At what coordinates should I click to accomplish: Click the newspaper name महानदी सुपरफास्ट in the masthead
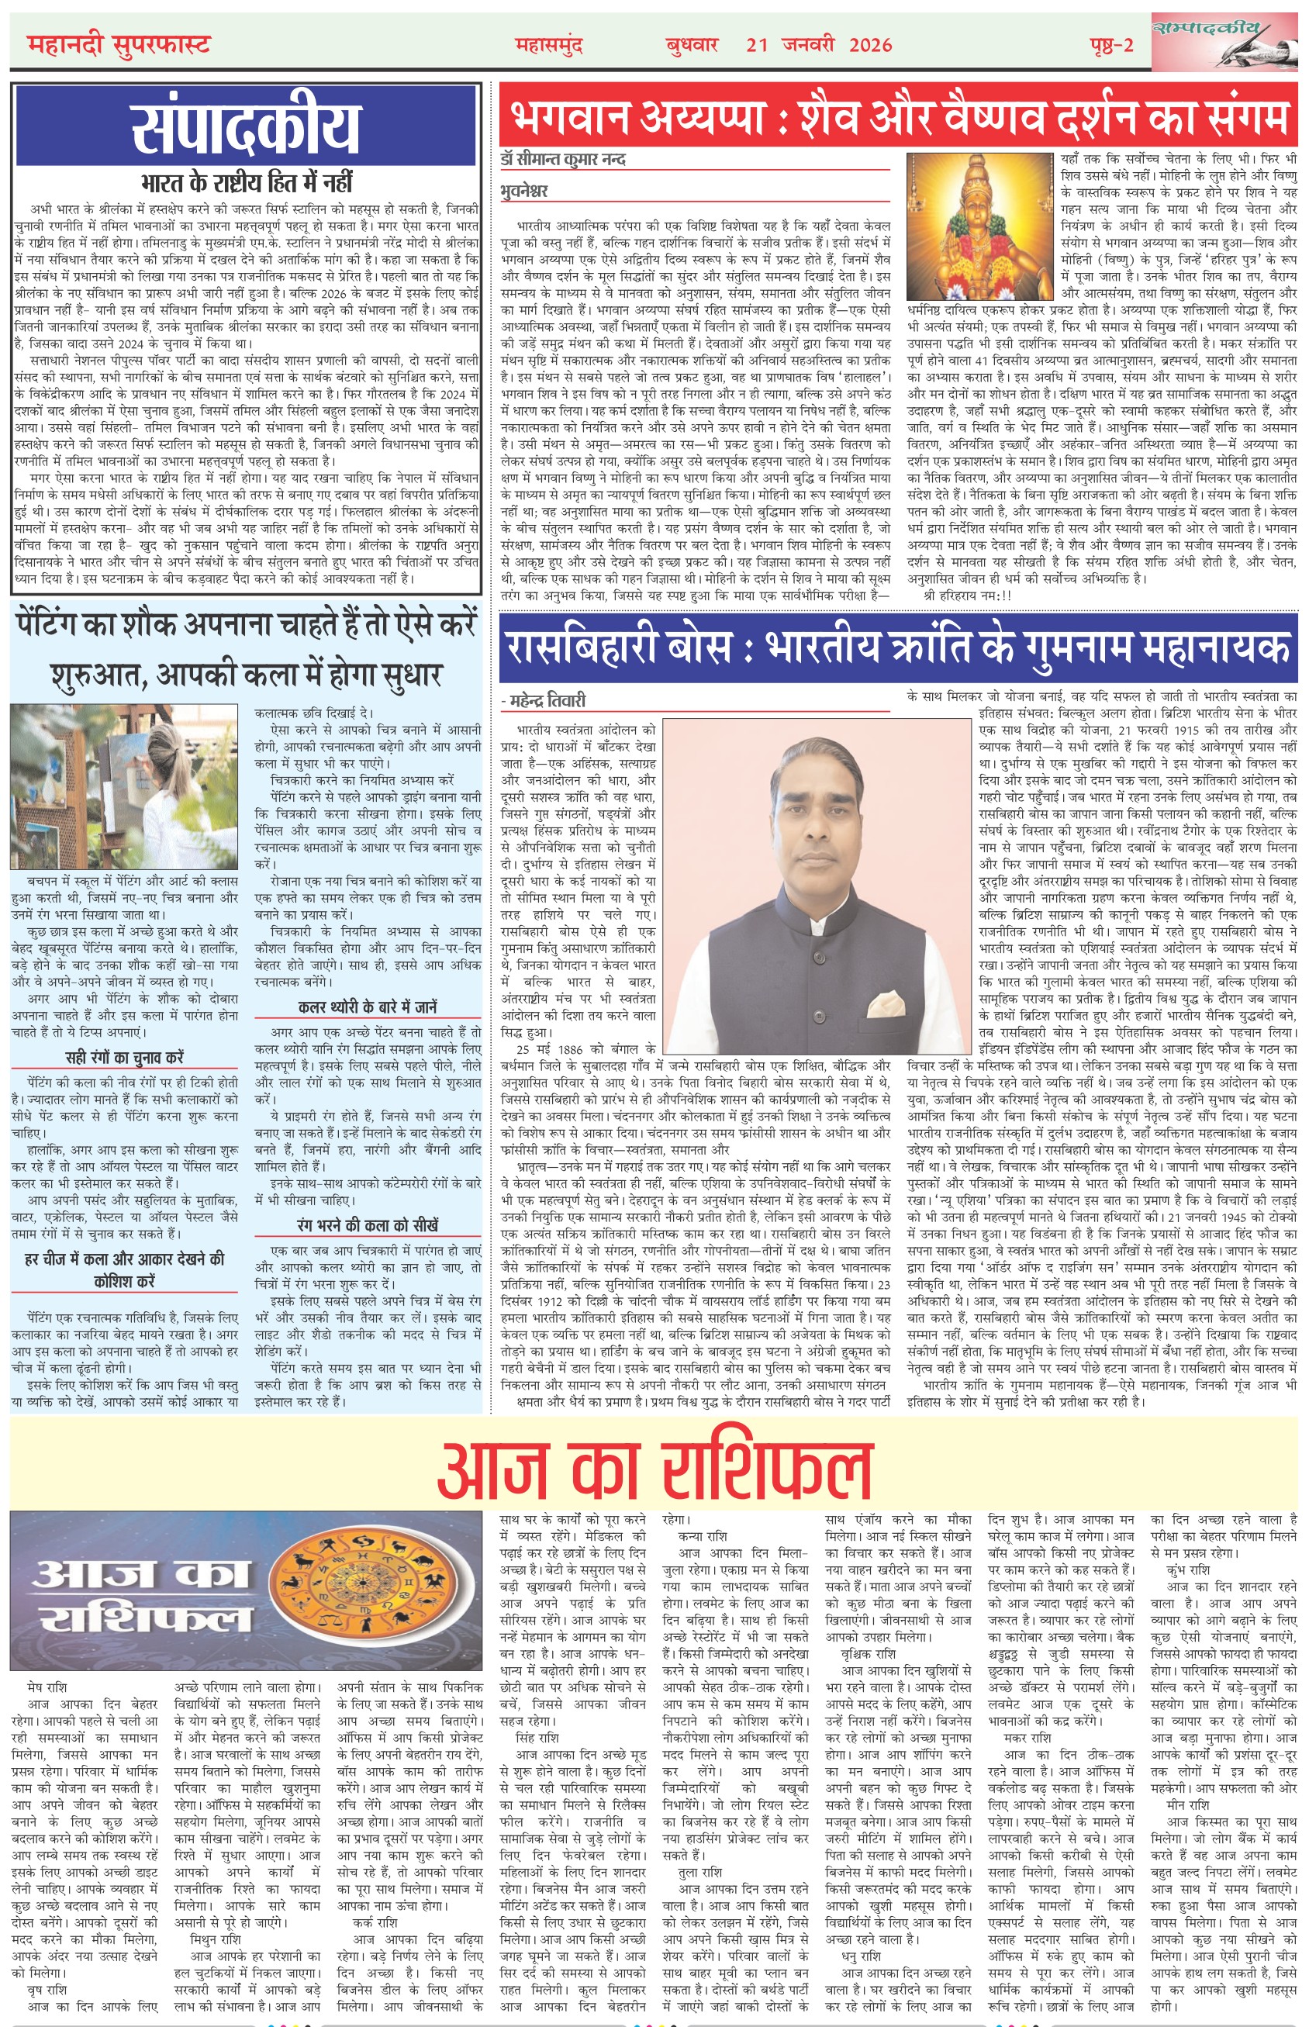point(118,43)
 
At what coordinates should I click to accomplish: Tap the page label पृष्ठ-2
point(1112,45)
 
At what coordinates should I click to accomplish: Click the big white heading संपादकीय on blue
point(246,127)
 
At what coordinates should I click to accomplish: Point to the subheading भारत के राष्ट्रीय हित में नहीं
point(246,183)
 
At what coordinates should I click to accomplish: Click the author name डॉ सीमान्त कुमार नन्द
point(563,160)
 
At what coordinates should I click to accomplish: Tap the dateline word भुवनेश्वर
point(524,191)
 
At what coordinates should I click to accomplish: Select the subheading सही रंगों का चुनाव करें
point(124,1058)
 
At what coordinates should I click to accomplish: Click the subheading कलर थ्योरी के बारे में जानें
point(368,1007)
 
